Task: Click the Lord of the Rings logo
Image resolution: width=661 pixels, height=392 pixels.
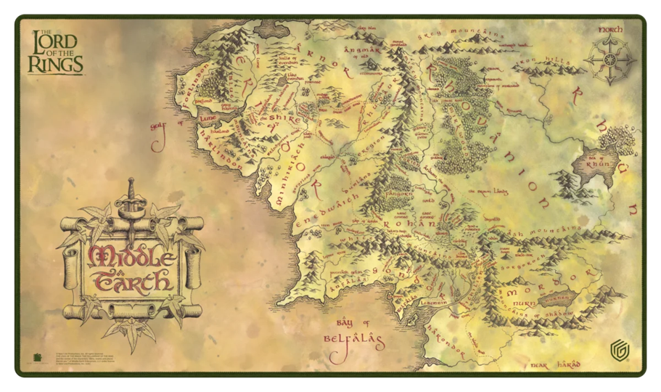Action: tap(55, 53)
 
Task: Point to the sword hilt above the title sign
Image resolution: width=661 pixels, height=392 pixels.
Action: tap(131, 193)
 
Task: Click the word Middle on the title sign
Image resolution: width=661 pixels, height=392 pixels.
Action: tap(130, 256)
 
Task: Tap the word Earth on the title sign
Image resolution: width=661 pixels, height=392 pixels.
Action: tap(131, 280)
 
